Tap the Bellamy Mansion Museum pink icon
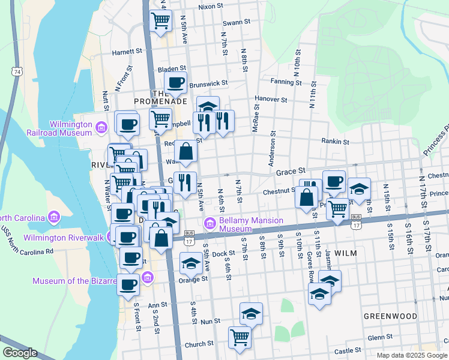pyautogui.click(x=209, y=224)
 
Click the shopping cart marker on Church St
pyautogui.click(x=240, y=337)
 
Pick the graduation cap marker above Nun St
pyautogui.click(x=252, y=313)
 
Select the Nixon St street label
pyautogui.click(x=210, y=7)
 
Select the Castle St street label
pyautogui.click(x=348, y=350)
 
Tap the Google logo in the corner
pyautogui.click(x=20, y=353)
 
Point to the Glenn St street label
pyautogui.click(x=379, y=338)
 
